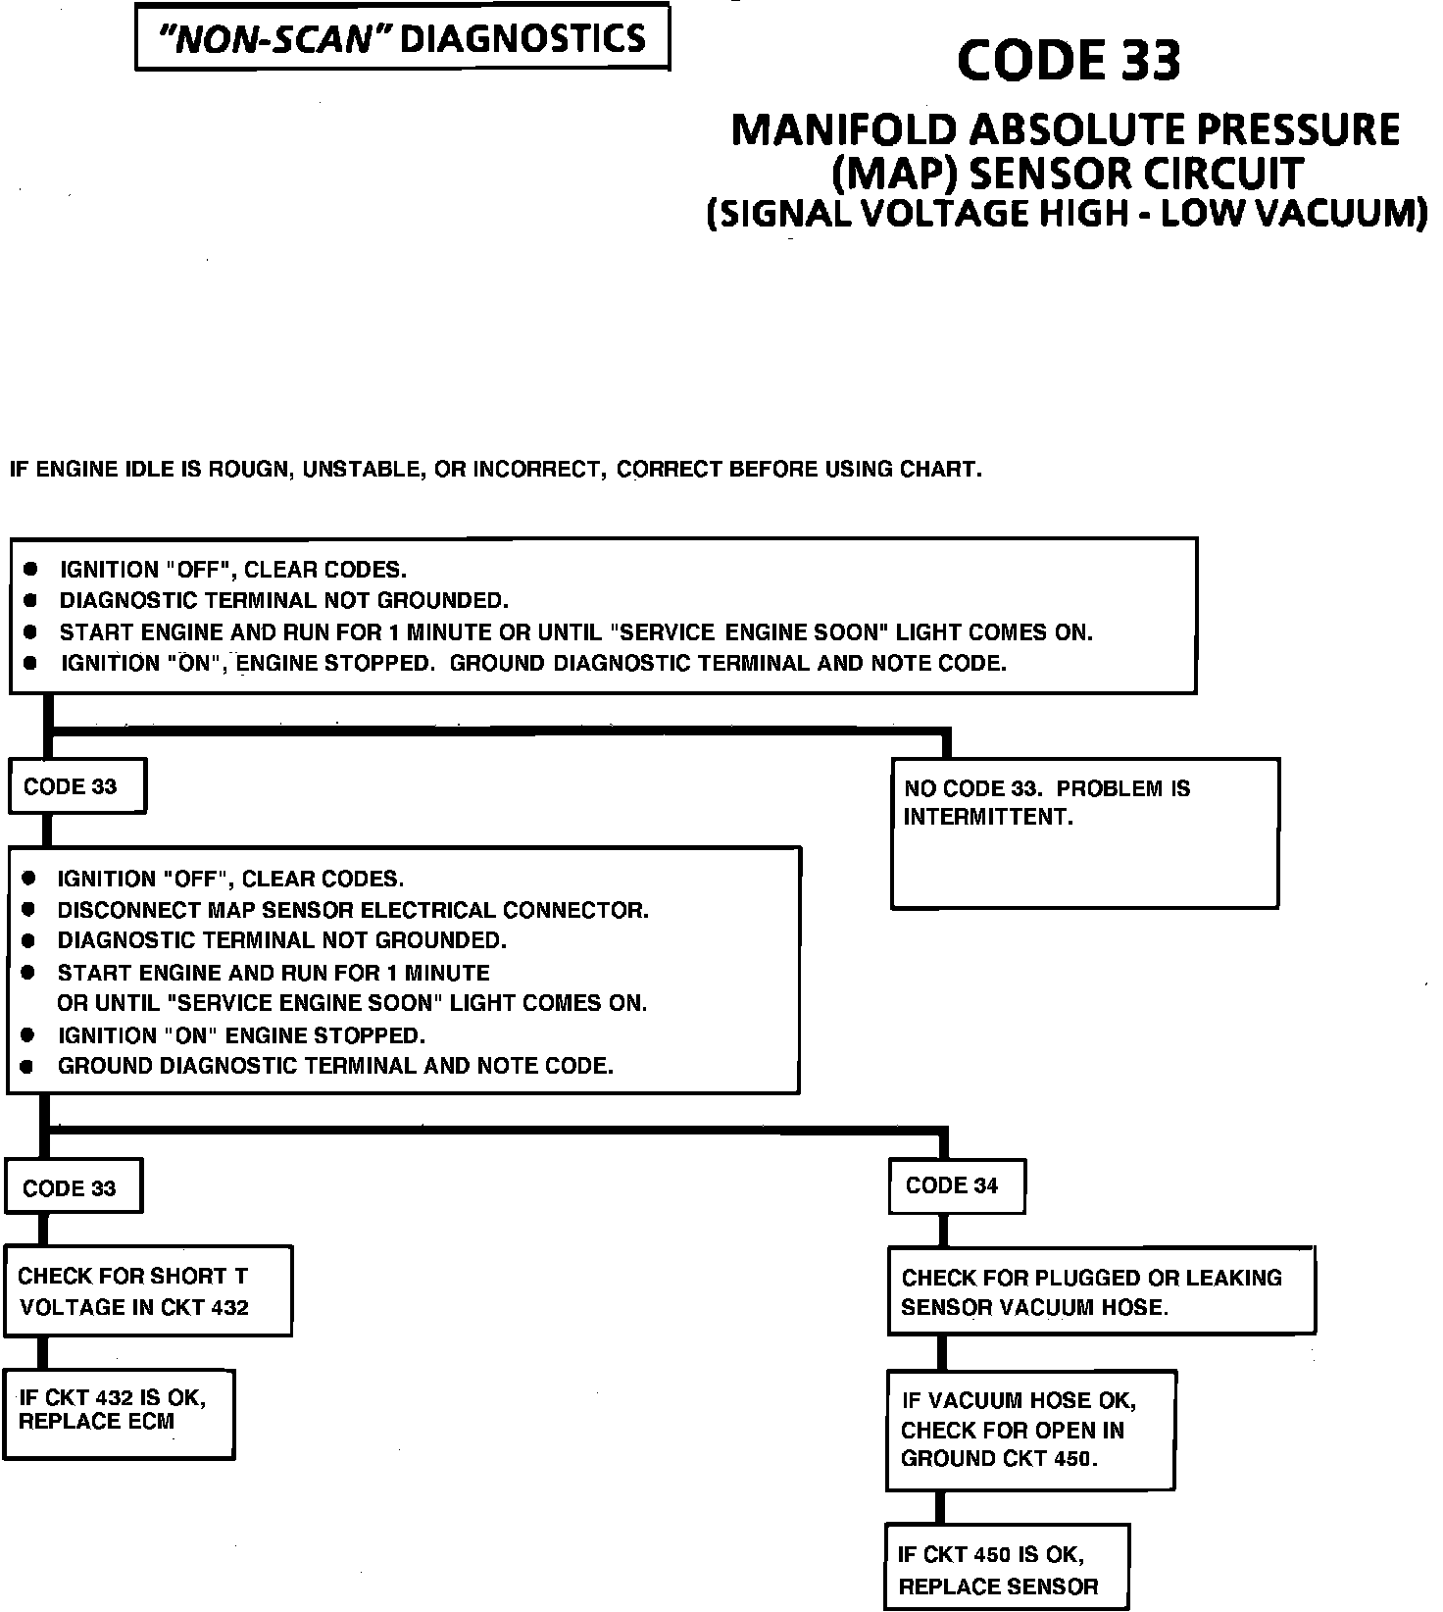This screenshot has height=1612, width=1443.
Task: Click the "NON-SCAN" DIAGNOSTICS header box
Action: (402, 38)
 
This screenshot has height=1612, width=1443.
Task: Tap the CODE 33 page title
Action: (1069, 61)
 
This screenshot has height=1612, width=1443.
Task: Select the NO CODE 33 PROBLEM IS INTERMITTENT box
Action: (1084, 832)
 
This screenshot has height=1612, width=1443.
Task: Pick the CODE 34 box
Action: (956, 1186)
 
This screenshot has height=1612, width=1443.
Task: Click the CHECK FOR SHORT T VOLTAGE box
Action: (148, 1290)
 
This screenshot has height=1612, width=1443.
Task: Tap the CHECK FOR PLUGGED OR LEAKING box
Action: (1101, 1291)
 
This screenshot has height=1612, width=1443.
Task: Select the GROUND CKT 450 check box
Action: (1030, 1431)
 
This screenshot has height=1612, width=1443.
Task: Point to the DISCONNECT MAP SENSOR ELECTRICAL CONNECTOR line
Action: (353, 910)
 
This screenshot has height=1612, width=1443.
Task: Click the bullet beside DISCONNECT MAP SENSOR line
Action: (28, 910)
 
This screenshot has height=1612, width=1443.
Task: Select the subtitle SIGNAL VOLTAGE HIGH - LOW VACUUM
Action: (1067, 214)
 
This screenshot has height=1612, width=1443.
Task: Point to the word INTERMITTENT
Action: (988, 817)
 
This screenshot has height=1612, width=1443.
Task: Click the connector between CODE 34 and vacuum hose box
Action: (942, 1230)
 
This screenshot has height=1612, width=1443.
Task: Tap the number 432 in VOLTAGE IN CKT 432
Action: (229, 1307)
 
